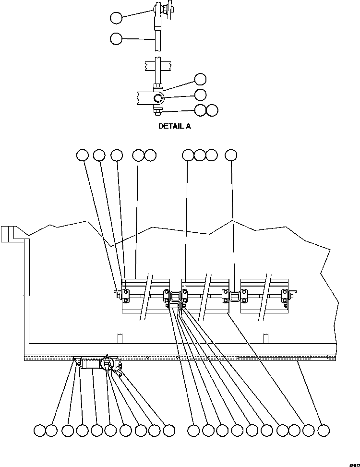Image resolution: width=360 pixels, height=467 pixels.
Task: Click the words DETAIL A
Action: [x=175, y=127]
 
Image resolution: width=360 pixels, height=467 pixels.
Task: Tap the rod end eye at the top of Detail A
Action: [x=157, y=8]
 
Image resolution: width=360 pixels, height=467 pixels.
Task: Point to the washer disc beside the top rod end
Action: [x=169, y=9]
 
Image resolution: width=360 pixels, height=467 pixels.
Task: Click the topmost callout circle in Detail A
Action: [x=116, y=18]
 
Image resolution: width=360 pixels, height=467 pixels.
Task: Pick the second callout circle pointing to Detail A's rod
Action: [x=116, y=38]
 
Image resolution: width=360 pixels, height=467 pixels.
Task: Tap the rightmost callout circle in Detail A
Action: [x=212, y=110]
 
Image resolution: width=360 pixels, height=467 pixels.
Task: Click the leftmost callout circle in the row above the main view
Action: [x=83, y=155]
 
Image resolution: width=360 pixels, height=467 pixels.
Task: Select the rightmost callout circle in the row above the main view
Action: [x=231, y=155]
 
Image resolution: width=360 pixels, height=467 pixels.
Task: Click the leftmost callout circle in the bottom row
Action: [x=40, y=431]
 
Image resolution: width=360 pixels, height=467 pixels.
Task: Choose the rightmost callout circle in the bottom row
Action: [x=324, y=431]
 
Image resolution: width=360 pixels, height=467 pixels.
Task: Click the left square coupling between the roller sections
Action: [x=175, y=296]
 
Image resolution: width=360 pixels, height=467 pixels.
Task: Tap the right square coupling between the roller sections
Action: [x=235, y=296]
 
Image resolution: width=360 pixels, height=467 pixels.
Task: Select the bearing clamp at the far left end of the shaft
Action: [x=125, y=296]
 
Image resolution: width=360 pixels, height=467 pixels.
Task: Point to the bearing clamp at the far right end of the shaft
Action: [x=285, y=296]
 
